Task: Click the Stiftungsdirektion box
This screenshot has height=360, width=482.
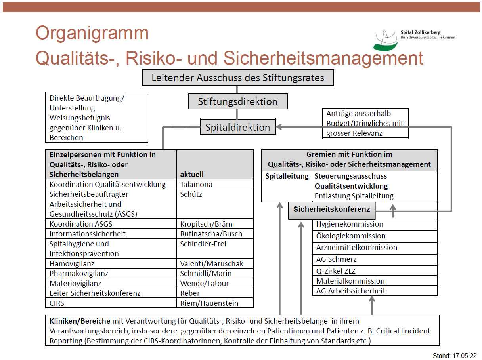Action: coord(237,101)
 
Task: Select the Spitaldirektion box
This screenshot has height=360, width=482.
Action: coord(238,127)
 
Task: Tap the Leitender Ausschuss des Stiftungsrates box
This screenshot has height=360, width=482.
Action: coord(238,78)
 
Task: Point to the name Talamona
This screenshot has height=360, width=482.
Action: coord(196,185)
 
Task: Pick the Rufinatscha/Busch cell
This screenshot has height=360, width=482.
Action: coord(211,234)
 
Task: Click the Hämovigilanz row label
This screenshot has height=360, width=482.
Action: coord(72,263)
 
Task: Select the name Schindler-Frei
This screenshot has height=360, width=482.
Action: coord(203,244)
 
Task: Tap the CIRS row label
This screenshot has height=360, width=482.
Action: coord(57,303)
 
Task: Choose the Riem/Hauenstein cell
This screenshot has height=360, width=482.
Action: coord(209,303)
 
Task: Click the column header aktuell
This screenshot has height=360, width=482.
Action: coord(192,174)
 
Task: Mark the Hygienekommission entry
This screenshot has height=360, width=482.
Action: coord(350,224)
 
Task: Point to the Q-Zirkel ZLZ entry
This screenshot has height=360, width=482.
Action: coord(336,271)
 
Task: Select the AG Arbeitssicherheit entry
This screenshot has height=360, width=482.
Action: coord(351,291)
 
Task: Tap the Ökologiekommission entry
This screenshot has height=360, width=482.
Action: coord(351,236)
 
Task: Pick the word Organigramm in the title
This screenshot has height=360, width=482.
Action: coord(92,33)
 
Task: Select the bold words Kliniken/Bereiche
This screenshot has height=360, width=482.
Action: coord(80,321)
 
